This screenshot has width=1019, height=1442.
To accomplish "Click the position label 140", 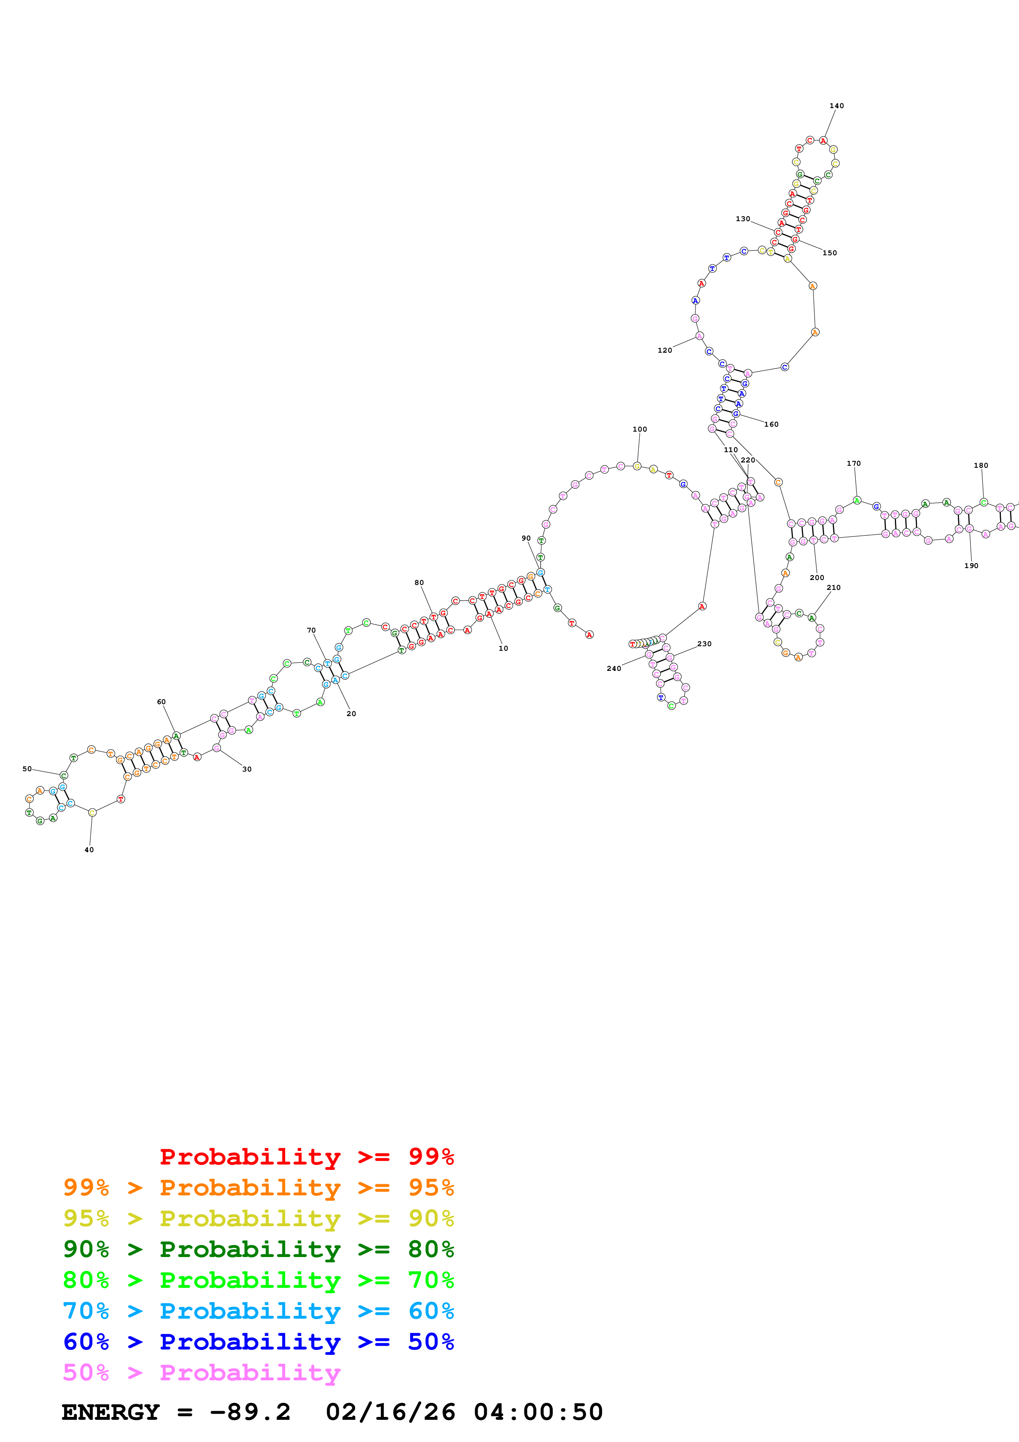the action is pos(836,106).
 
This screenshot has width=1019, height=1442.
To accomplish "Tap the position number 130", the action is pos(743,219).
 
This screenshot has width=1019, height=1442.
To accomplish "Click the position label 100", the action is pos(639,430).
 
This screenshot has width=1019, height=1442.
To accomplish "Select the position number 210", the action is pos(833,588).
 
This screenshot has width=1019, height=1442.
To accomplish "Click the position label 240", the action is pos(613,669).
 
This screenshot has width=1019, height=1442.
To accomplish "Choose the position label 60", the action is pos(162,702).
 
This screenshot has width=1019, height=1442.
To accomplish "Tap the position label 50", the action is pos(27,769).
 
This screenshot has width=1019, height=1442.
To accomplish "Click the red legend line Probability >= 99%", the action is pos(306,1157).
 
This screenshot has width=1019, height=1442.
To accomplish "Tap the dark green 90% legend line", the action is pos(258,1249).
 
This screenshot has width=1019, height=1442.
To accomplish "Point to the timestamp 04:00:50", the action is pos(538,1412).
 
